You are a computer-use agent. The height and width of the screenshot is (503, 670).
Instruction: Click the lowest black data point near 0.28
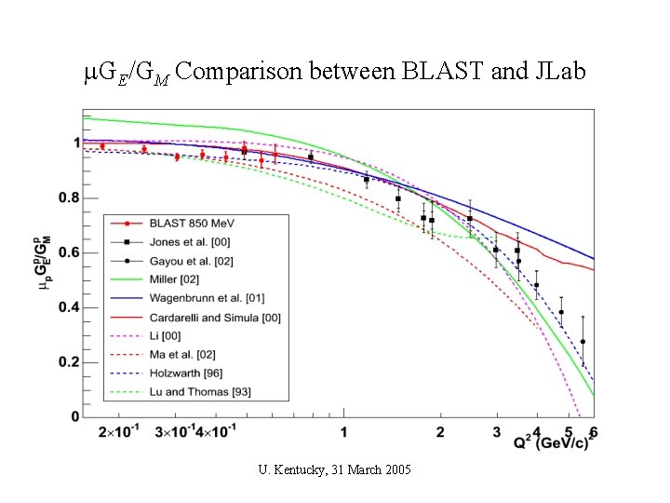[583, 342]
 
